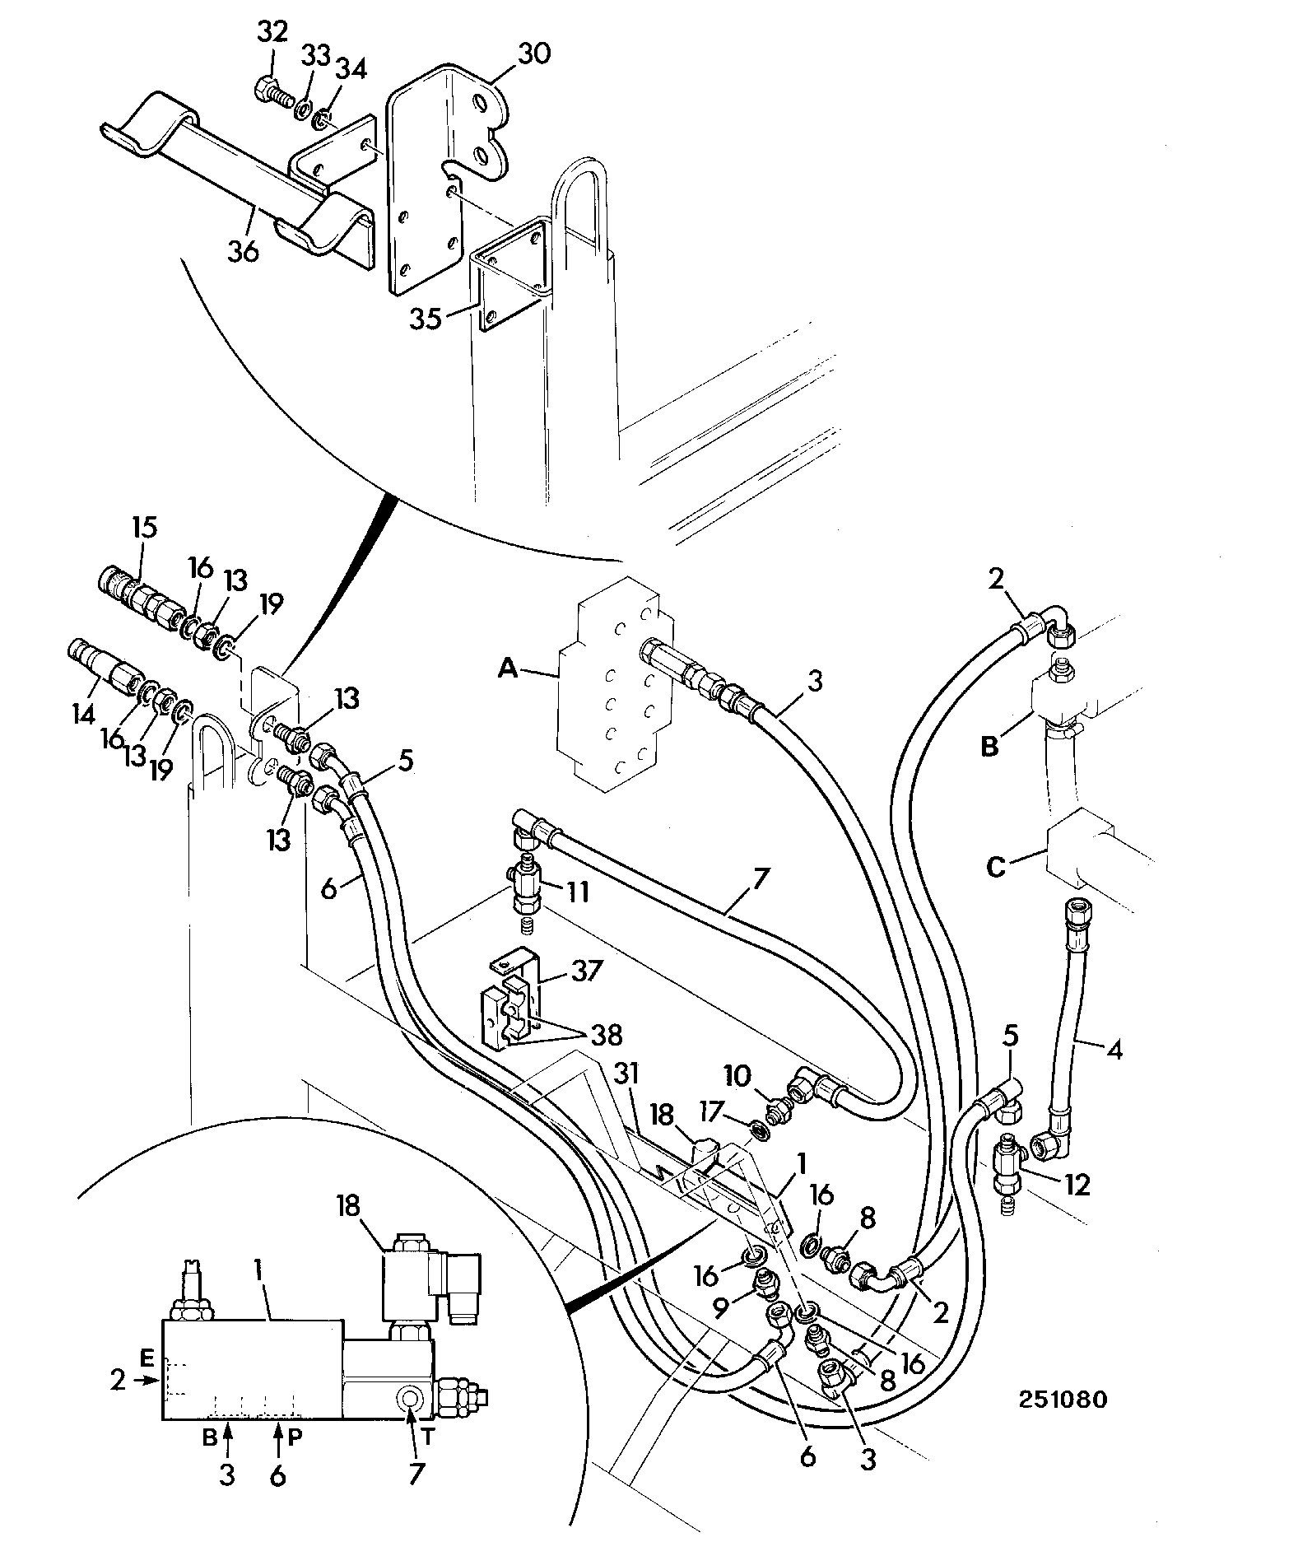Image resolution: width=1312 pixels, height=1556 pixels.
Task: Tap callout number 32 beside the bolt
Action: [x=272, y=32]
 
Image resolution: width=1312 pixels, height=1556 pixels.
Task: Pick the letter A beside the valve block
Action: [x=509, y=670]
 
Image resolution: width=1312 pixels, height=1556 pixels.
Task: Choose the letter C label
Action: [x=997, y=868]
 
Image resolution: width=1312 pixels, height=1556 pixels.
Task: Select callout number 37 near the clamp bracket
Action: [x=586, y=971]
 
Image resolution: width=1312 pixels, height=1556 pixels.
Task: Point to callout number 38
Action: [x=606, y=1034]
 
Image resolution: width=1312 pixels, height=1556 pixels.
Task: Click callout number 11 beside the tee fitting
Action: [x=576, y=892]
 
